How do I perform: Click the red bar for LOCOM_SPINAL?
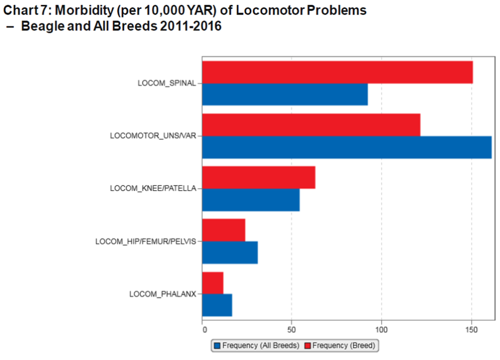337,72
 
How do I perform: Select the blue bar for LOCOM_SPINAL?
285,94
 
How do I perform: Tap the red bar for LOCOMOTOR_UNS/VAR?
311,125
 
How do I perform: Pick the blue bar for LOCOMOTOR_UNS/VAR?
346,147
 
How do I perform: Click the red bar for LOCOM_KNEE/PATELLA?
258,177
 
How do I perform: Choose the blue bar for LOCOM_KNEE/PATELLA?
251,200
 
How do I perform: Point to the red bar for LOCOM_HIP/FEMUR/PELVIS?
223,230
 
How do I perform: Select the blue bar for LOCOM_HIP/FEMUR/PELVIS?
230,252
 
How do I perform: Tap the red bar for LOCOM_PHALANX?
212,283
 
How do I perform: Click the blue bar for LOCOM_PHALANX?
217,305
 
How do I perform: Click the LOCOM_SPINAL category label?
167,83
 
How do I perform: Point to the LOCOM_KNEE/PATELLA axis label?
153,188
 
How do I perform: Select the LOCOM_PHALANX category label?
162,294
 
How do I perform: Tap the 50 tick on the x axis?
291,330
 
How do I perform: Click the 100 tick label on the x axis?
381,330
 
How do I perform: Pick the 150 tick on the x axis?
471,330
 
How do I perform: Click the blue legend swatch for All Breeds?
217,345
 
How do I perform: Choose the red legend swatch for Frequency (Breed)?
308,345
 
